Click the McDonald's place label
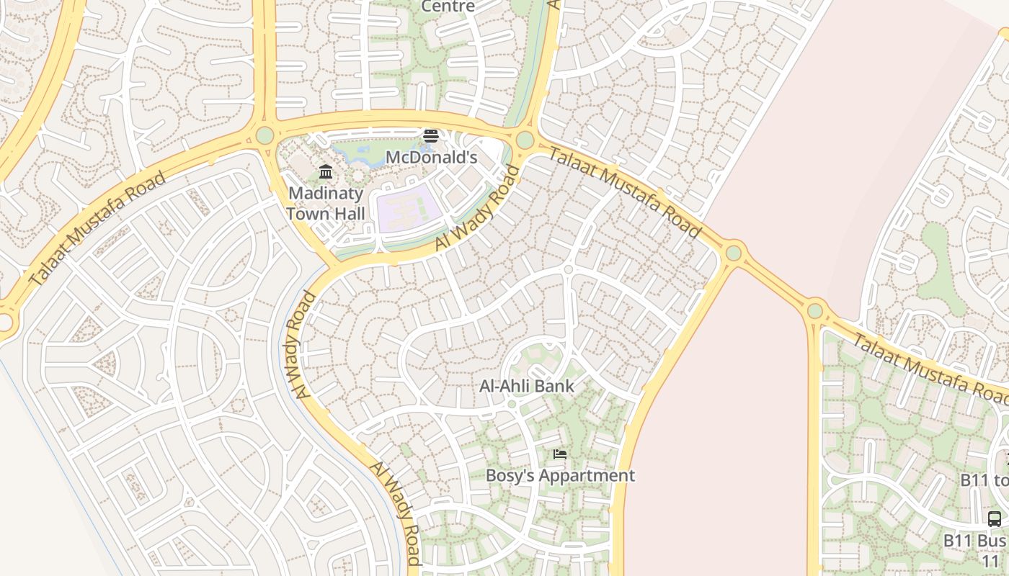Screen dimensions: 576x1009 pyautogui.click(x=431, y=157)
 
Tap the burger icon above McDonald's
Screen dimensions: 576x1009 pyautogui.click(x=431, y=136)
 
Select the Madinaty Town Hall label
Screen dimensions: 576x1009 pyautogui.click(x=326, y=203)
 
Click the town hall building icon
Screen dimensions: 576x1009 pyautogui.click(x=326, y=171)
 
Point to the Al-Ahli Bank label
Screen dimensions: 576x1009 pyautogui.click(x=527, y=386)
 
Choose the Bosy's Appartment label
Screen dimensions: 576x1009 pyautogui.click(x=560, y=475)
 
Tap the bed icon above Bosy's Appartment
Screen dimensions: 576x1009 pyautogui.click(x=560, y=454)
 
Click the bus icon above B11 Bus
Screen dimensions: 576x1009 pyautogui.click(x=994, y=518)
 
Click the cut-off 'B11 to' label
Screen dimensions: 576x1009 pyautogui.click(x=984, y=480)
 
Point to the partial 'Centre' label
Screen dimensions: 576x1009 pyautogui.click(x=448, y=6)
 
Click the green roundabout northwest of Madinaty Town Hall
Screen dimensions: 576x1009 pyautogui.click(x=265, y=135)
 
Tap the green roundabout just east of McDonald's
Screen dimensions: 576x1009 pyautogui.click(x=525, y=140)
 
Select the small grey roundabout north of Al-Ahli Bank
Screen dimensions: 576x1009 pyautogui.click(x=568, y=269)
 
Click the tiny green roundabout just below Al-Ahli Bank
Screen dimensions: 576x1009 pyautogui.click(x=512, y=404)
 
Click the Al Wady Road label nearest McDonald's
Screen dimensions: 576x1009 pyautogui.click(x=477, y=209)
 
